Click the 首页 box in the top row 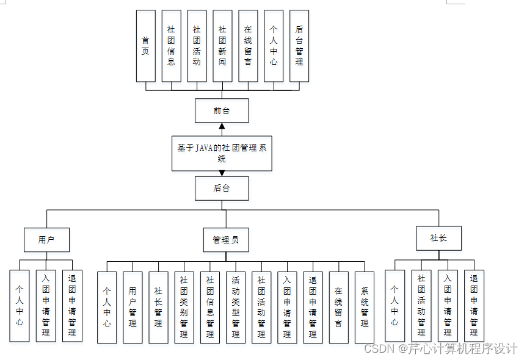click(x=145, y=46)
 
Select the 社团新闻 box click(x=222, y=46)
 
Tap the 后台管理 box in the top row click(x=299, y=46)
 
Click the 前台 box click(x=222, y=110)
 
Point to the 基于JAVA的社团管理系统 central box click(x=222, y=153)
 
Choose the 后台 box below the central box click(x=222, y=188)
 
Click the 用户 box click(x=46, y=240)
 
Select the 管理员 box click(x=226, y=240)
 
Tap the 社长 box click(x=438, y=238)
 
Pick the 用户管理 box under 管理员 click(x=133, y=308)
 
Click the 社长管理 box click(x=158, y=308)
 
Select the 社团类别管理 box click(x=184, y=308)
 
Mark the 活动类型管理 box click(x=236, y=308)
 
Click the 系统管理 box click(x=365, y=308)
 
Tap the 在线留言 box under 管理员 click(x=338, y=308)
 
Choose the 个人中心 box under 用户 click(x=20, y=306)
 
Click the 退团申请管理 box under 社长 click(x=474, y=306)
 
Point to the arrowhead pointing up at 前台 click(x=222, y=128)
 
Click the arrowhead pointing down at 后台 click(x=222, y=173)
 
